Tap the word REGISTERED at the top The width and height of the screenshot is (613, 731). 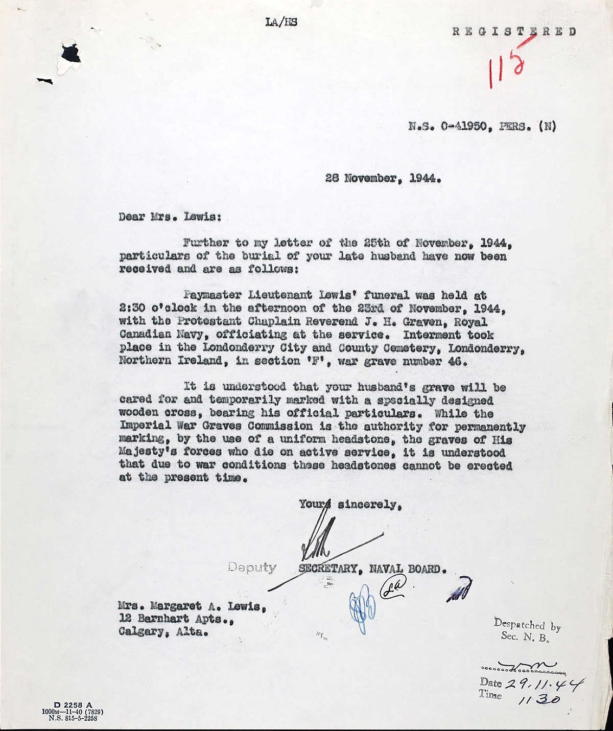point(514,31)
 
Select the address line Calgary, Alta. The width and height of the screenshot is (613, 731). point(163,632)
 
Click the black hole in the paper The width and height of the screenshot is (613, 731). point(70,53)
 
